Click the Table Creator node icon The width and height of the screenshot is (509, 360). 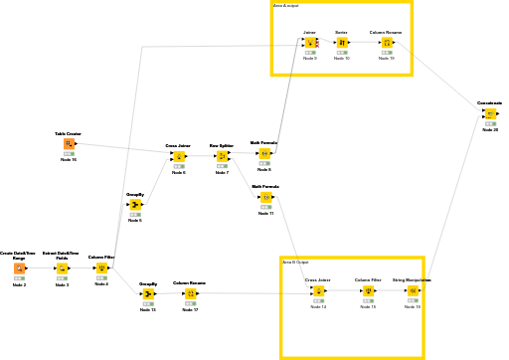coord(69,144)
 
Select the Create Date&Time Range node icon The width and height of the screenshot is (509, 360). coord(19,269)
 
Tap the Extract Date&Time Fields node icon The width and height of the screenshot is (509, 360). coord(62,269)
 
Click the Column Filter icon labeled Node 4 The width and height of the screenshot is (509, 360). coord(101,269)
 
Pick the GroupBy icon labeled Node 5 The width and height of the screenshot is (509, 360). coord(135,205)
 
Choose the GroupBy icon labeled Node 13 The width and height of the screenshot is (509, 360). coord(147,294)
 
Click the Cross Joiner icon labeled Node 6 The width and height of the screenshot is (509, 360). coord(178,157)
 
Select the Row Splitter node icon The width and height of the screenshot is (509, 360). coord(221,157)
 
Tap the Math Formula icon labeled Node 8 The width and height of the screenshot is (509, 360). coord(263,154)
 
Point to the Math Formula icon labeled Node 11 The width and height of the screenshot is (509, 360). coord(265,197)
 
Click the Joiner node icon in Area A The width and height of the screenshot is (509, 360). coord(309,43)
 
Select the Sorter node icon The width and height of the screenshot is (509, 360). coord(341,43)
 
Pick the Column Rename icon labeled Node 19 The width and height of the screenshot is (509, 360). coord(386,43)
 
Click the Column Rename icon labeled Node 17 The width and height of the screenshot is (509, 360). coord(189,294)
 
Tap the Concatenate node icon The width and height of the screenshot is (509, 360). coord(490,114)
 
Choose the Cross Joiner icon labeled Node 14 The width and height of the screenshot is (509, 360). coord(317,291)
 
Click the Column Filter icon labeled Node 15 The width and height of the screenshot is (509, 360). coord(368,291)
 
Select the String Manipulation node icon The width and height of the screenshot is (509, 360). coord(412,291)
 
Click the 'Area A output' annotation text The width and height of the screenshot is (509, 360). coord(285,6)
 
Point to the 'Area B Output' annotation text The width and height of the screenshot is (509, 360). coord(295,263)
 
